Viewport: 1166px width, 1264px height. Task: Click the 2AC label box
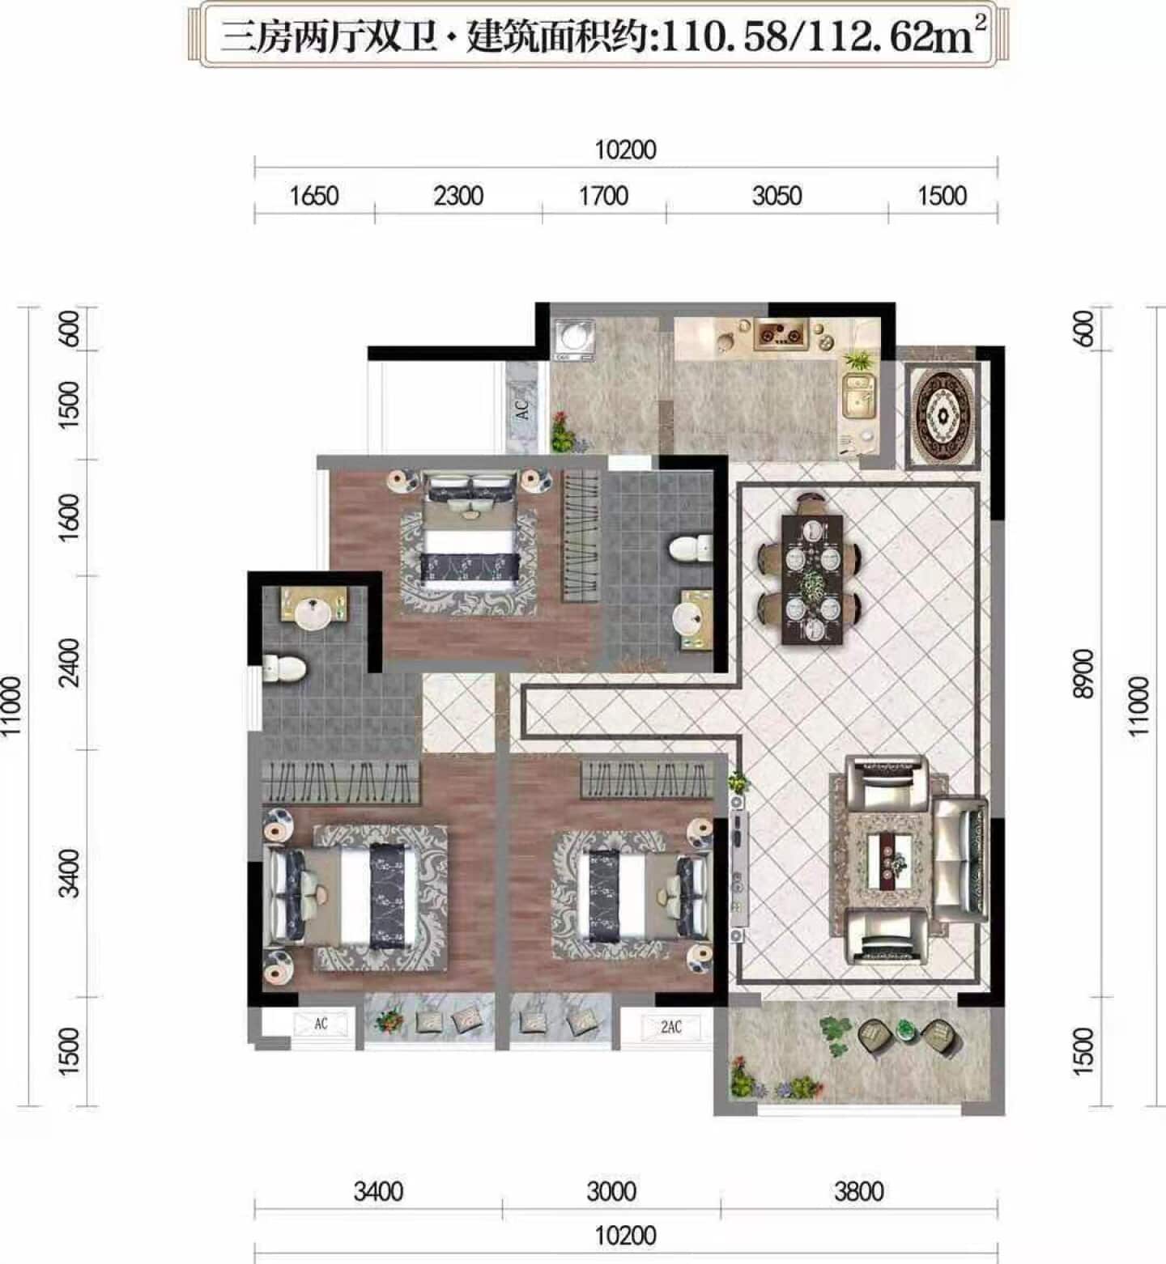pyautogui.click(x=670, y=1027)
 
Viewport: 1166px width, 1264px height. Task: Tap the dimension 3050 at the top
pyautogui.click(x=777, y=196)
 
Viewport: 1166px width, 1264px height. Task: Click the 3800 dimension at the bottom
pyautogui.click(x=858, y=1191)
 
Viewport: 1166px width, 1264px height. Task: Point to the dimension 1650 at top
pyautogui.click(x=314, y=196)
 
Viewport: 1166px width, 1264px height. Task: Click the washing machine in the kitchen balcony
pyautogui.click(x=574, y=340)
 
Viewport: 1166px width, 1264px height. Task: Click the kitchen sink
pyautogui.click(x=859, y=395)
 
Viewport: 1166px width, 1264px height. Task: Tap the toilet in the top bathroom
pyautogui.click(x=690, y=549)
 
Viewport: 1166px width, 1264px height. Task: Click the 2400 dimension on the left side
pyautogui.click(x=70, y=662)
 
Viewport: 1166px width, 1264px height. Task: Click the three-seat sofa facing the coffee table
pyautogui.click(x=960, y=860)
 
